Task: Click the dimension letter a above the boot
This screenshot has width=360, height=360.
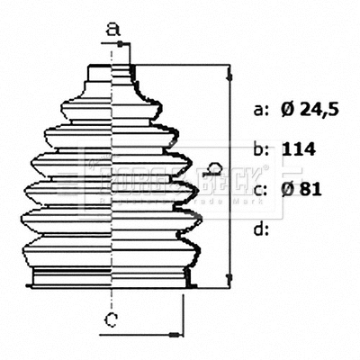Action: pyautogui.click(x=112, y=30)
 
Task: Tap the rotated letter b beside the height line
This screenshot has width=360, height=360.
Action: pyautogui.click(x=214, y=168)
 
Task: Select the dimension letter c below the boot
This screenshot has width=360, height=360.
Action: pyautogui.click(x=110, y=319)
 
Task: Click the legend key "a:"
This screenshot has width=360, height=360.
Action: pyautogui.click(x=262, y=111)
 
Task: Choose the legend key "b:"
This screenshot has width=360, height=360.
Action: pyautogui.click(x=262, y=149)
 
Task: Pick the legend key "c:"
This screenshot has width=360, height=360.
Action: pyautogui.click(x=262, y=189)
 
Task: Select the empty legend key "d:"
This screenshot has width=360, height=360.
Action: pyautogui.click(x=262, y=229)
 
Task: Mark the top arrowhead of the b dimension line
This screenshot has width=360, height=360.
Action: pyautogui.click(x=231, y=69)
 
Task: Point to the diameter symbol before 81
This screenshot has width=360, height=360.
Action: pyautogui.click(x=287, y=189)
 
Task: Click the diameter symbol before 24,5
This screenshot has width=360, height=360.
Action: pyautogui.click(x=287, y=111)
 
